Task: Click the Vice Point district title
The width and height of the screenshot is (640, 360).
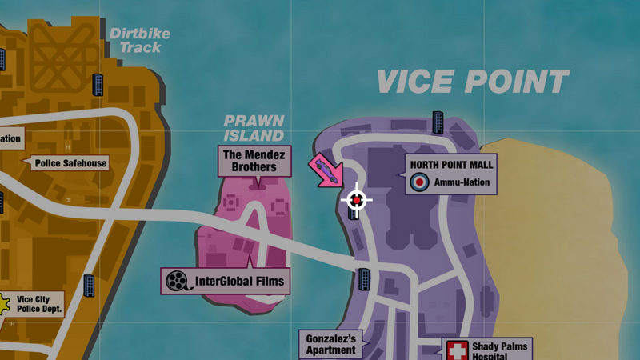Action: coord(472,82)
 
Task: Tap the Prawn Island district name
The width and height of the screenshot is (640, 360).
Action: coord(254,128)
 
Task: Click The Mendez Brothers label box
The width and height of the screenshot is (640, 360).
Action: coord(255,161)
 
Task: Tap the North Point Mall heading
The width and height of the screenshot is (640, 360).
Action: coord(451,165)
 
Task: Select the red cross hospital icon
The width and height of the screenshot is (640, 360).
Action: coord(458,350)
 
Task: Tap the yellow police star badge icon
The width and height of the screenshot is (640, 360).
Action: coord(4,302)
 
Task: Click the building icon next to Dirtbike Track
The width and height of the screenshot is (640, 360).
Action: coord(98,83)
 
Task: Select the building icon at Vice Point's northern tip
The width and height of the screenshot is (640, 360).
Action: coord(438,122)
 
